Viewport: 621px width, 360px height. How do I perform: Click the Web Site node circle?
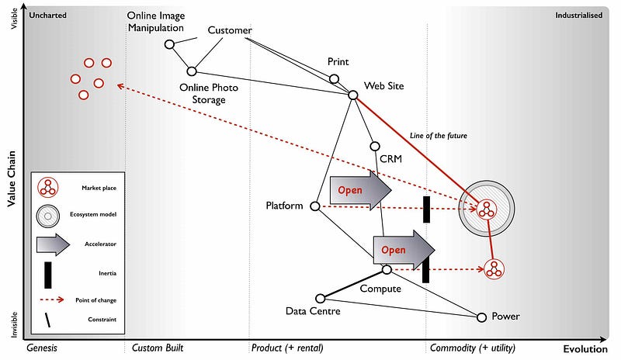click(352, 95)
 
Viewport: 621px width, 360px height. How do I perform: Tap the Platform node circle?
click(315, 206)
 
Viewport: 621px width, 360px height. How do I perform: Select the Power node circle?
click(481, 317)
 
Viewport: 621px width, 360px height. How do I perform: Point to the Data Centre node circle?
click(321, 299)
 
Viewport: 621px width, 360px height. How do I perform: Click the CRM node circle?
click(375, 146)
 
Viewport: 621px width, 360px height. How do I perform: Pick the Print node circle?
click(335, 78)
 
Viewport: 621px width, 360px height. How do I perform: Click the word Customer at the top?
click(230, 30)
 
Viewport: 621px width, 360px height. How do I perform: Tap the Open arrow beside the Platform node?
click(359, 192)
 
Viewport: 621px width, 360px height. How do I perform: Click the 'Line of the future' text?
click(439, 136)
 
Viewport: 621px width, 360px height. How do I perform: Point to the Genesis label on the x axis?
click(43, 348)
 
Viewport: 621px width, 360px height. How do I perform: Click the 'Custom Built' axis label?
click(158, 348)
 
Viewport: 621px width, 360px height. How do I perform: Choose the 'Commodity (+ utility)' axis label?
click(474, 348)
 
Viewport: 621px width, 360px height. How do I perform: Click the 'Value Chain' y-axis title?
click(11, 178)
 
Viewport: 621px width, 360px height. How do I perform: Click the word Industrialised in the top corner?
click(579, 15)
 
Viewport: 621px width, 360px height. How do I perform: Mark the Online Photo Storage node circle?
click(192, 71)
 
